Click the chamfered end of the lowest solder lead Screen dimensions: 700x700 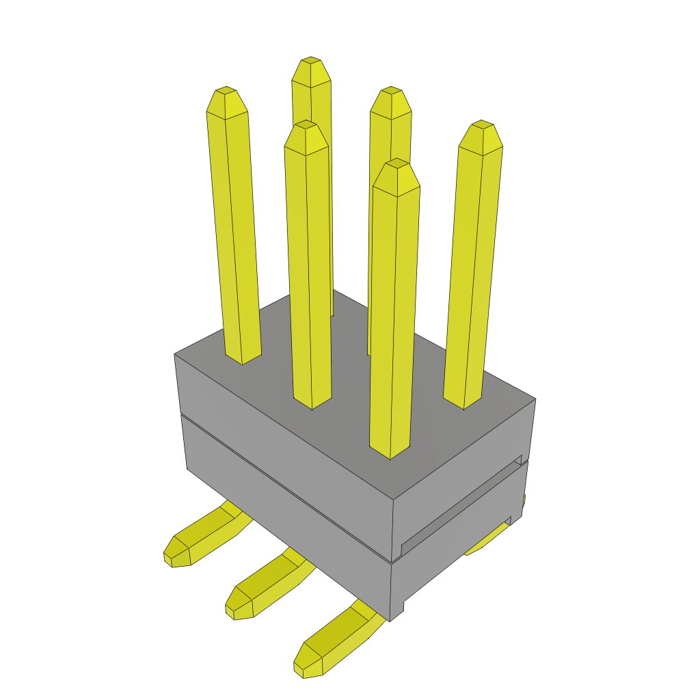click(x=308, y=663)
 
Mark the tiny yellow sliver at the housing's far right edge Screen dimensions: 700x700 click(x=524, y=502)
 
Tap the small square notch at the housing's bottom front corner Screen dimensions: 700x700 click(x=398, y=608)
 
